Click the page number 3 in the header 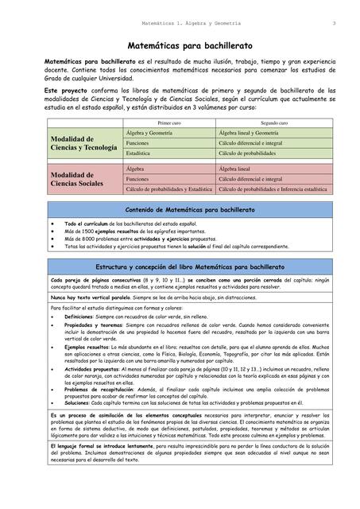334,22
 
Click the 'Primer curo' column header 169,124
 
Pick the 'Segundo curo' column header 273,124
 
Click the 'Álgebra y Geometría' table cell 151,134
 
